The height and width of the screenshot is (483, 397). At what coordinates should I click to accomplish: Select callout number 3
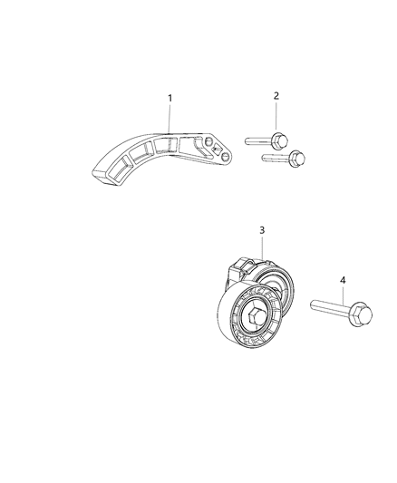point(261,231)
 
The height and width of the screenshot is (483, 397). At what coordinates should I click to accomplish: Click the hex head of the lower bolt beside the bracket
point(295,159)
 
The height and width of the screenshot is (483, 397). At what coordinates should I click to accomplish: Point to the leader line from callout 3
point(262,248)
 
